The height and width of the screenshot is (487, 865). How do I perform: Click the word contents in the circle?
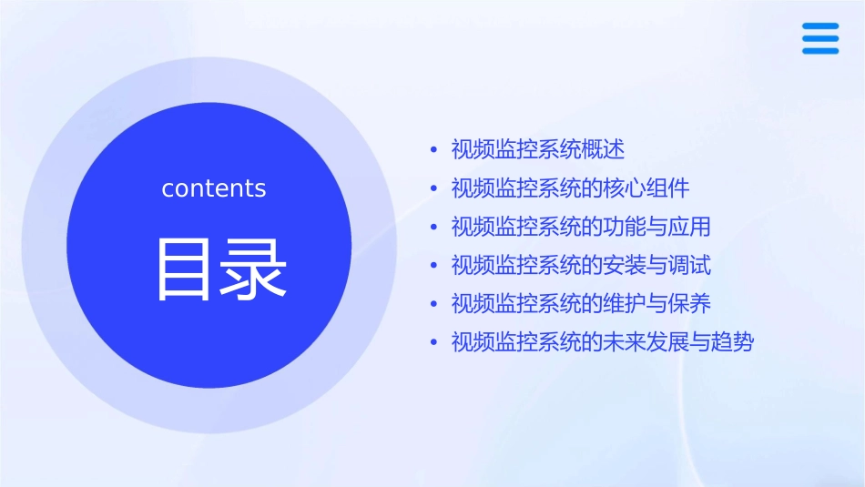pos(214,188)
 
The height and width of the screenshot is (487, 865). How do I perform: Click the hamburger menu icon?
pos(819,38)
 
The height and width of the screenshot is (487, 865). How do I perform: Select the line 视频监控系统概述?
pos(537,149)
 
